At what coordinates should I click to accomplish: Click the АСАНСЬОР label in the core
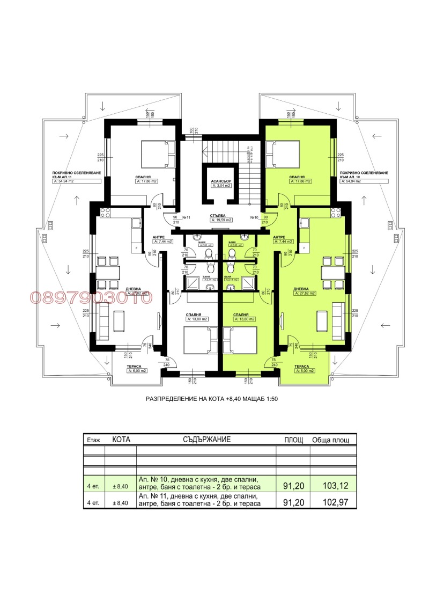tap(220, 181)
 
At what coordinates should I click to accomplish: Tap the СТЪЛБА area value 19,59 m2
tap(220, 220)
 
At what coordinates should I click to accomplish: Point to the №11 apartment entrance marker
tap(187, 217)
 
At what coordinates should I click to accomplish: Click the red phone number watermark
tap(91, 297)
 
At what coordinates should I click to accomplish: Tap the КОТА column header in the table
tap(121, 439)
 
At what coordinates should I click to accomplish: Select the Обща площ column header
tap(331, 440)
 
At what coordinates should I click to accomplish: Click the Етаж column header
tap(93, 440)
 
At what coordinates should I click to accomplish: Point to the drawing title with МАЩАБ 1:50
tap(212, 399)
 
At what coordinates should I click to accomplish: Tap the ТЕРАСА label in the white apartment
tap(134, 367)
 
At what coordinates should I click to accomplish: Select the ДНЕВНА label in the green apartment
tap(302, 289)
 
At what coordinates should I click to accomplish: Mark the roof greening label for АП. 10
tap(364, 175)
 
